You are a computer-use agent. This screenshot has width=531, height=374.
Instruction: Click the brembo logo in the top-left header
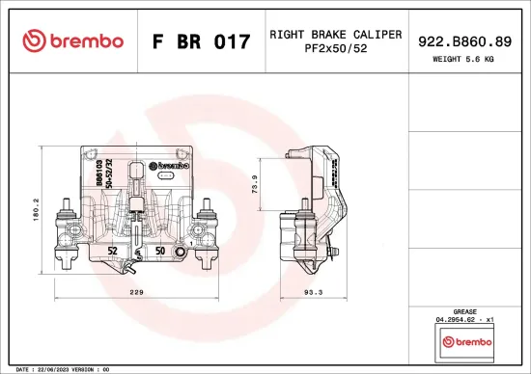pyautogui.click(x=73, y=40)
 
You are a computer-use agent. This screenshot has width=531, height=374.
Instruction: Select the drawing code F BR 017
pyautogui.click(x=201, y=41)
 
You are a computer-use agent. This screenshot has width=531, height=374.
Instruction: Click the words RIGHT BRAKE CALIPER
pyautogui.click(x=335, y=34)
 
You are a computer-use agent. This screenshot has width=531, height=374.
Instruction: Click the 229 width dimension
pyautogui.click(x=139, y=292)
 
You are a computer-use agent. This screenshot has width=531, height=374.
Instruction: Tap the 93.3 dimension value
pyautogui.click(x=314, y=292)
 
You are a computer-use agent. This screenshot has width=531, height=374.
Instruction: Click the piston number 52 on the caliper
pyautogui.click(x=113, y=251)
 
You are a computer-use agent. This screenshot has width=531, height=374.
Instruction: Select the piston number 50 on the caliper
pyautogui.click(x=160, y=251)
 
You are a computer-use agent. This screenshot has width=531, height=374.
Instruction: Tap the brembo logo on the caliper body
pyautogui.click(x=176, y=165)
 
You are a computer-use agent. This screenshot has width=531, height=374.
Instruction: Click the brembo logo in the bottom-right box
pyautogui.click(x=466, y=341)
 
